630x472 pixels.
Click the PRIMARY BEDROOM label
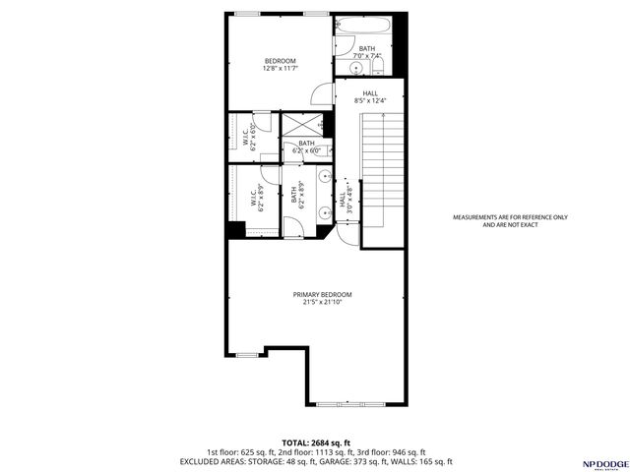pyautogui.click(x=322, y=299)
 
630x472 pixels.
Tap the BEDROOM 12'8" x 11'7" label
pyautogui.click(x=280, y=65)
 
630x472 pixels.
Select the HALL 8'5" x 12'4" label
pyautogui.click(x=369, y=96)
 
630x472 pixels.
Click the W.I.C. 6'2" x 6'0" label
pyautogui.click(x=250, y=137)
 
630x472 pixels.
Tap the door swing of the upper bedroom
pyautogui.click(x=321, y=94)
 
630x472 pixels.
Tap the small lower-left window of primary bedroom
pyautogui.click(x=247, y=354)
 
